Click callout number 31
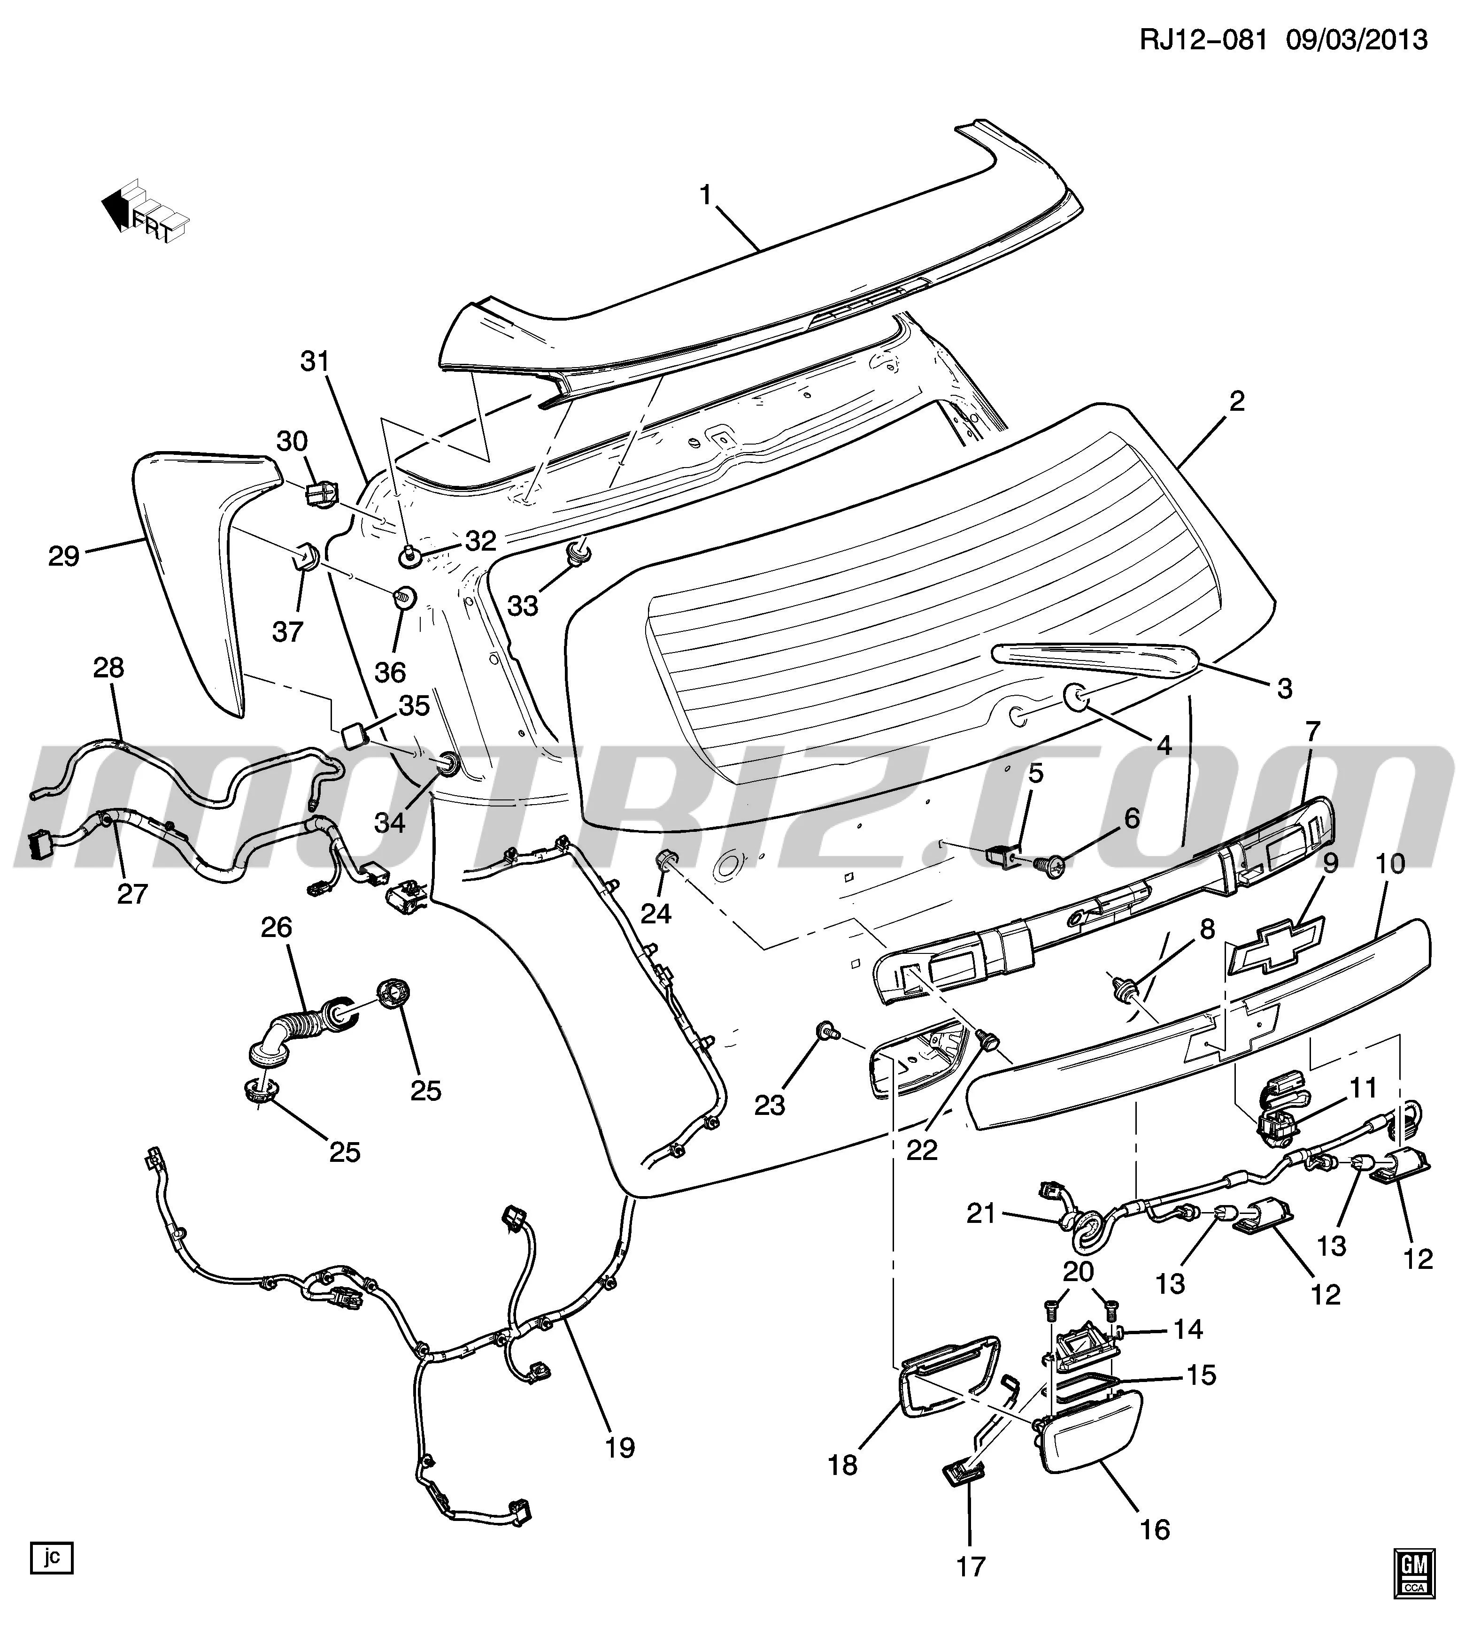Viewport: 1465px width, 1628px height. point(316,361)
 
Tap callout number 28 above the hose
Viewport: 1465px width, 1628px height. point(109,667)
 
